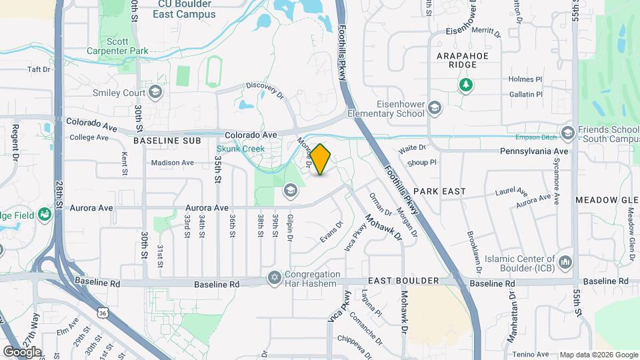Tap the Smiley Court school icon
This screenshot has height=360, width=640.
(155, 92)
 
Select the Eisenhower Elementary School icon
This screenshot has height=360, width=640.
(435, 108)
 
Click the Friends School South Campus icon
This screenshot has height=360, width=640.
(567, 133)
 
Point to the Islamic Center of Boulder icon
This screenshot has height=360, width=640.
(565, 261)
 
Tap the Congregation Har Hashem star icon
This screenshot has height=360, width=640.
(274, 277)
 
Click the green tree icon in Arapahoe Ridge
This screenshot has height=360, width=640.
(465, 84)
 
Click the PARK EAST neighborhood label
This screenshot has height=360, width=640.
(443, 191)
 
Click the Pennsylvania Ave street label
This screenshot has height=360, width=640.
(539, 151)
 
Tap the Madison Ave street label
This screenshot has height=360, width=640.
(172, 162)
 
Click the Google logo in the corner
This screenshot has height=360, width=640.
(22, 351)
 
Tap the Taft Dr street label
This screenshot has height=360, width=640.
(39, 69)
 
